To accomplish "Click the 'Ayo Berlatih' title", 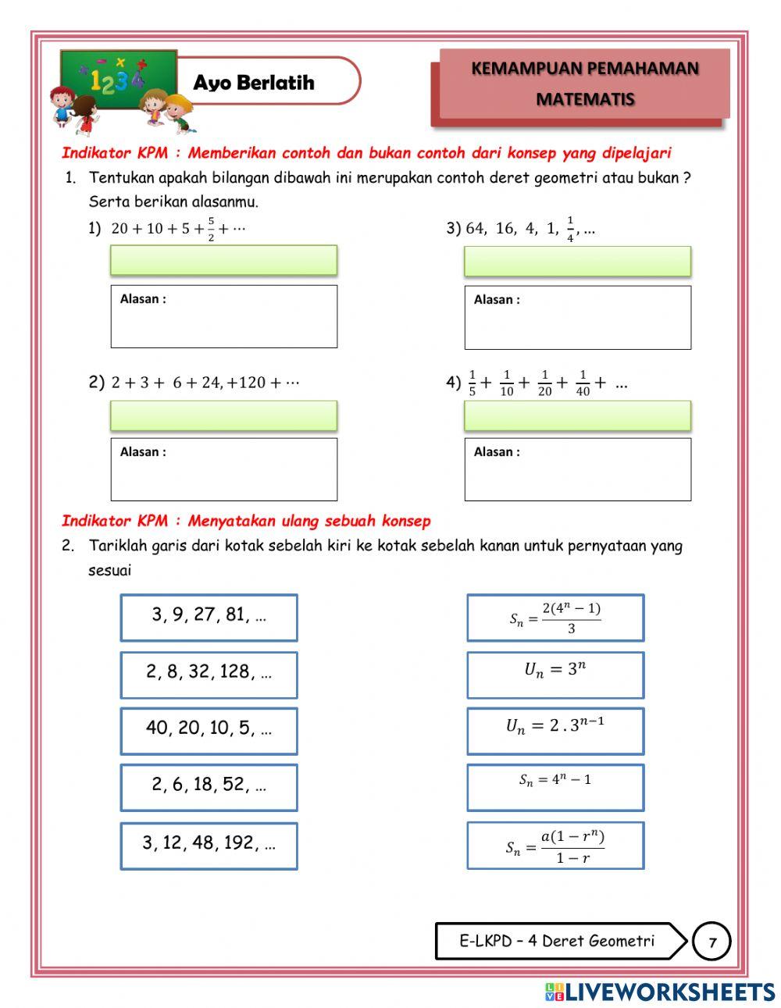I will (x=254, y=82).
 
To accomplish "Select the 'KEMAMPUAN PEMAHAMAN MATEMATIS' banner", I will (x=584, y=84).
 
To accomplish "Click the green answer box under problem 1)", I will (x=223, y=260).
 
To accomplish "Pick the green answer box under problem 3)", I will (x=577, y=261).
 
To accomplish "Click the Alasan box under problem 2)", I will (x=223, y=469).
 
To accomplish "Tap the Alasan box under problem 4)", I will (x=577, y=469).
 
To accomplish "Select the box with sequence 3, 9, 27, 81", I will (x=209, y=618).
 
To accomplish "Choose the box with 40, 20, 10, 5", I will (x=209, y=731).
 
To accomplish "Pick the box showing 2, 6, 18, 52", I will (x=209, y=787).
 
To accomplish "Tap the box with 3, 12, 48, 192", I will (x=209, y=846).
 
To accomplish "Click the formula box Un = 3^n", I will (x=555, y=675).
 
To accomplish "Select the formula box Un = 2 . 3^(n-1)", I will (x=555, y=731).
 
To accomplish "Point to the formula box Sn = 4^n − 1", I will (x=555, y=787).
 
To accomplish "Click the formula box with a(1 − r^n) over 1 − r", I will (x=555, y=846).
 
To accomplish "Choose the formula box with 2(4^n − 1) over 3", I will (x=555, y=618).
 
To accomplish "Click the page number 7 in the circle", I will (x=711, y=942).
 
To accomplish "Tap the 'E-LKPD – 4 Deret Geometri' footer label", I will (x=556, y=941).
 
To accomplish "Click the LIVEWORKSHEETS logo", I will (x=660, y=992).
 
